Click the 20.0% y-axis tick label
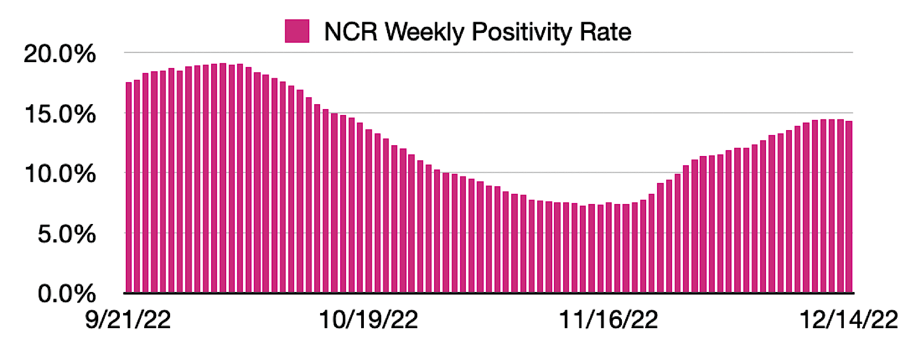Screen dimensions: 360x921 tap(59, 54)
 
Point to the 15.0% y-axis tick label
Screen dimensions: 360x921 tap(59, 114)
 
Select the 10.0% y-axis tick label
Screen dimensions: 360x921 tap(59, 174)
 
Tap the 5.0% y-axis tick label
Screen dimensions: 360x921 tap(66, 234)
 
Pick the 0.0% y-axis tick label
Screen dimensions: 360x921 tap(66, 294)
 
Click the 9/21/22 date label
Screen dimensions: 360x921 tap(128, 320)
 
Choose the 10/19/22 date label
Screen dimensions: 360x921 tap(368, 320)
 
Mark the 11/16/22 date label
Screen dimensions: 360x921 tap(608, 320)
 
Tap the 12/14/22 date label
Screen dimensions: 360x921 tap(849, 320)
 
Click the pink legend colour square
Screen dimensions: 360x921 tap(297, 31)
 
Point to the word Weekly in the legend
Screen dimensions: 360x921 tap(424, 32)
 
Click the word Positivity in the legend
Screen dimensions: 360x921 tap(522, 32)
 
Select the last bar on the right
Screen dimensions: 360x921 tap(849, 208)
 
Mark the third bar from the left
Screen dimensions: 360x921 tap(146, 184)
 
